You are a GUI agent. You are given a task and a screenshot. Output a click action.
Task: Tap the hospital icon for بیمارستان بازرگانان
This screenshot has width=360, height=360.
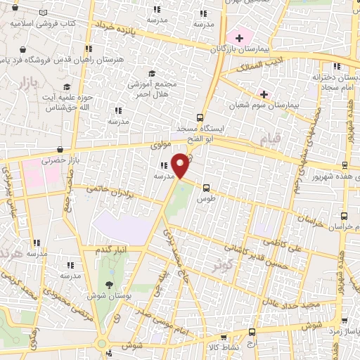tap(239, 36)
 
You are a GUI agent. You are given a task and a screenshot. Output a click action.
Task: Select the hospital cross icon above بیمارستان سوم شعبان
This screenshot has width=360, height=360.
tap(264, 94)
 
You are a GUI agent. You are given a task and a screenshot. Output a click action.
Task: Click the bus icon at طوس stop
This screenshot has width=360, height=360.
tap(206, 188)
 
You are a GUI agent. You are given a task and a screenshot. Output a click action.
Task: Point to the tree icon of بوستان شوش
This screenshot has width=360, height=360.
tap(109, 284)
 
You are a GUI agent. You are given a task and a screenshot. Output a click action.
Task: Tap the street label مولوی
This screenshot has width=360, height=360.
tap(160, 146)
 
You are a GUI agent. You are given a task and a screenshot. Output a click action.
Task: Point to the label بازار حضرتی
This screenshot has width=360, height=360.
tap(53, 160)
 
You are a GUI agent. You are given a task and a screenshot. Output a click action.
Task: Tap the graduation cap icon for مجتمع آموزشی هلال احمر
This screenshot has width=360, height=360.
tap(151, 73)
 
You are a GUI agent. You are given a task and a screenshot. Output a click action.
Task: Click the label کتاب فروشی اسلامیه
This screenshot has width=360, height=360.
tap(43, 23)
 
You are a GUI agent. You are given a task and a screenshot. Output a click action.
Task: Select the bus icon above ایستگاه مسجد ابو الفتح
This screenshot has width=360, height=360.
tap(200, 117)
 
